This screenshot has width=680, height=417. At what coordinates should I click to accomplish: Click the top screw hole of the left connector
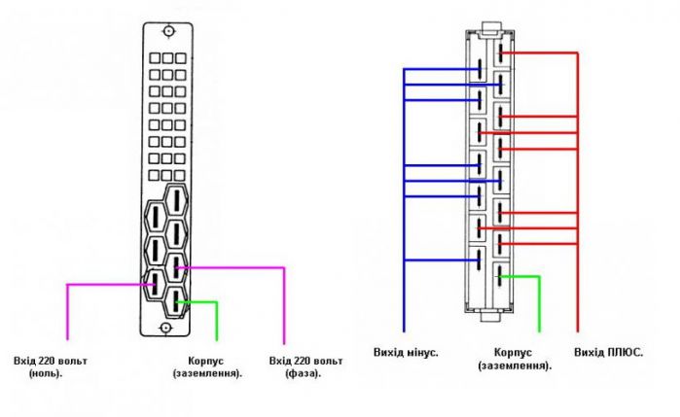pos(168,32)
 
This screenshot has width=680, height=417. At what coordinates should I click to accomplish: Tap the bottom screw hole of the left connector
pos(168,324)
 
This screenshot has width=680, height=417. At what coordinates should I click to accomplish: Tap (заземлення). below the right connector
pos(516,365)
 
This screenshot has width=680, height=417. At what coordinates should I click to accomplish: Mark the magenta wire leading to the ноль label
pos(66,311)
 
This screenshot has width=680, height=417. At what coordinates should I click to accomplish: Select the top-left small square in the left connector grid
pos(155,59)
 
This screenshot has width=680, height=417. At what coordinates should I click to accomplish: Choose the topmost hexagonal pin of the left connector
pos(176,202)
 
